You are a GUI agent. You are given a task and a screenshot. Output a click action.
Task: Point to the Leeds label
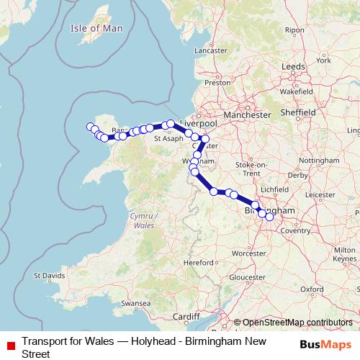[x=293, y=66]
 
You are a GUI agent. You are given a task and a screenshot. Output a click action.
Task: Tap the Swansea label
[x=137, y=305]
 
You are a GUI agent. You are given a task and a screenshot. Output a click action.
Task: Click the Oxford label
[x=312, y=289]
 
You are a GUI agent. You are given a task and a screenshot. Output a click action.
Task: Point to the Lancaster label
[x=210, y=51]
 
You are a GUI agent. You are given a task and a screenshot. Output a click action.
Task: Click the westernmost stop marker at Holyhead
[x=91, y=127]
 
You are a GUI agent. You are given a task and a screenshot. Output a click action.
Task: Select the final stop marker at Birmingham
[x=269, y=216]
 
